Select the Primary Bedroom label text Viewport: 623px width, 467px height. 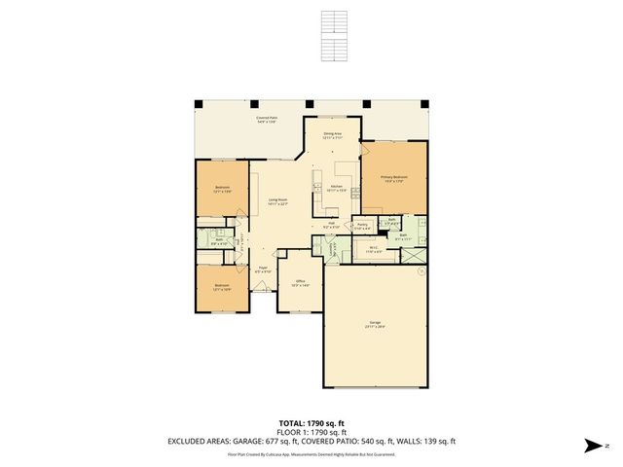point(394,178)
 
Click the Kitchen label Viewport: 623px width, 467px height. point(336,188)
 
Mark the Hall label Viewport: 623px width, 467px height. point(332,224)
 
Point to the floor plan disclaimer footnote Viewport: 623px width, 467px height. point(311,453)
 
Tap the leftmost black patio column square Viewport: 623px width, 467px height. point(198,104)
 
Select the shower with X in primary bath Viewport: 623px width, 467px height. point(414,255)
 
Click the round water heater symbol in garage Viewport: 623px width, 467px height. point(421,272)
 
